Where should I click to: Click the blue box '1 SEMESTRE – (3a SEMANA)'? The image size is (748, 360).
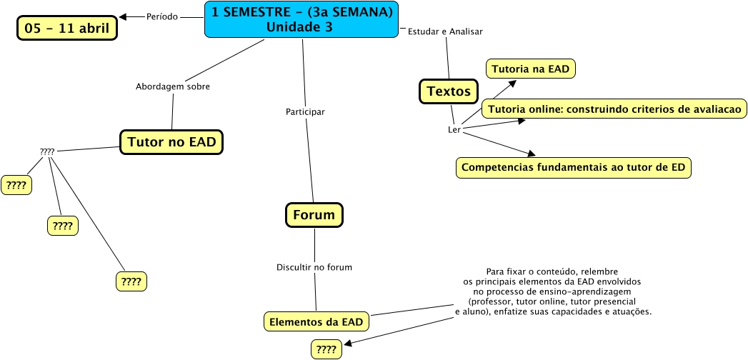click(301, 19)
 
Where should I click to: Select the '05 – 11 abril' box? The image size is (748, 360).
click(67, 28)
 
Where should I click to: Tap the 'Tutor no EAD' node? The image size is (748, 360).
click(171, 141)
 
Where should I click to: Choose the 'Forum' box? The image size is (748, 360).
click(314, 214)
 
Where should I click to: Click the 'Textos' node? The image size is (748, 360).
click(449, 91)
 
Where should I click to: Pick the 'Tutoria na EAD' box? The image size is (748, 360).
click(531, 69)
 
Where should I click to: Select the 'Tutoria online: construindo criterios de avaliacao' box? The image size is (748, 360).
click(614, 109)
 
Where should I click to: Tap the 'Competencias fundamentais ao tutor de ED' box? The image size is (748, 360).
click(574, 168)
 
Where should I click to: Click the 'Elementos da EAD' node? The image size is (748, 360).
click(316, 322)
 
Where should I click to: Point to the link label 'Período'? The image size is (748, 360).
click(162, 16)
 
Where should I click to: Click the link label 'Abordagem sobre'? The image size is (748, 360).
click(173, 86)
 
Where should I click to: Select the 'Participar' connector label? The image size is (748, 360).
click(305, 112)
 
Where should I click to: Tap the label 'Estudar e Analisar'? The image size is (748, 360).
click(445, 31)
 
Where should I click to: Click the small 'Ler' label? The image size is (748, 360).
click(454, 130)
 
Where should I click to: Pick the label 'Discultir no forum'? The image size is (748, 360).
click(314, 267)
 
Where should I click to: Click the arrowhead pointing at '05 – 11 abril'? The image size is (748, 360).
click(123, 17)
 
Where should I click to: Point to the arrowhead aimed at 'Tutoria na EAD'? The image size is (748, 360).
click(512, 83)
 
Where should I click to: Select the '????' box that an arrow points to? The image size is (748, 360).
click(326, 349)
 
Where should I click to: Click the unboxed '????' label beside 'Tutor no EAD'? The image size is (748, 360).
click(47, 151)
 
